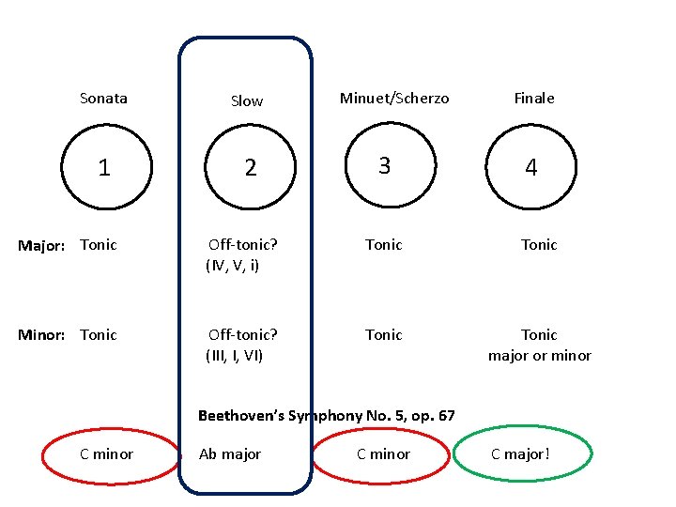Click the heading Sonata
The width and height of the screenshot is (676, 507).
103,98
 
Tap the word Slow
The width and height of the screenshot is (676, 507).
247,101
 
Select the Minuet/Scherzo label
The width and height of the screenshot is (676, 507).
394,98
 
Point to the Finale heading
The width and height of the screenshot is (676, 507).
534,98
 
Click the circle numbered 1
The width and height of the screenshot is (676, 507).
104,167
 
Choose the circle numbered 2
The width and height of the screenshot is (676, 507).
250,167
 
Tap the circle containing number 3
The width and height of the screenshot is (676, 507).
383,165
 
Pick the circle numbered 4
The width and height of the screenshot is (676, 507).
531,167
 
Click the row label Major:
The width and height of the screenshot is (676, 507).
42,245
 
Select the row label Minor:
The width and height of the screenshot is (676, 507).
42,335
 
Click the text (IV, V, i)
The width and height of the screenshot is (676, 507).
233,266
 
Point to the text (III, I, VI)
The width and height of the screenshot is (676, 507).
235,356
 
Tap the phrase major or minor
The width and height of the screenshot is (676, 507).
540,356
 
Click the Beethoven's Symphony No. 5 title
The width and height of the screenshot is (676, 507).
327,415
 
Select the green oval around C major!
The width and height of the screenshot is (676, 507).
522,454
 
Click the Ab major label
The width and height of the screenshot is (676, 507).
230,454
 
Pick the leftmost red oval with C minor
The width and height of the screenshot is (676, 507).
109,454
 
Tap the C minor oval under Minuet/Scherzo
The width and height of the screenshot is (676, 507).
383,454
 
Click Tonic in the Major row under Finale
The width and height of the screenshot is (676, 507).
539,245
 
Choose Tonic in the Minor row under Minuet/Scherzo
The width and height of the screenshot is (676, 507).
383,335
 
